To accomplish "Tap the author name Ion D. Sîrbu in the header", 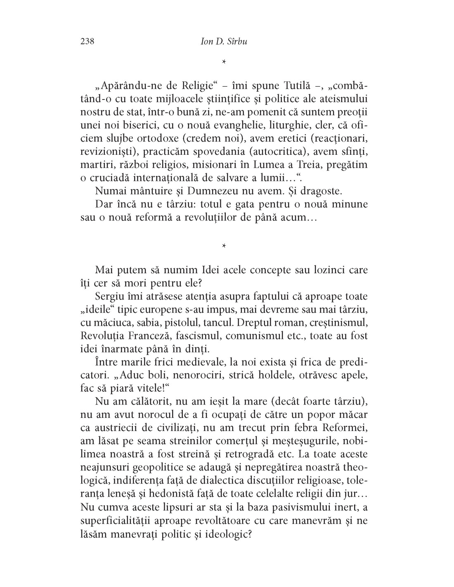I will click(x=223, y=41).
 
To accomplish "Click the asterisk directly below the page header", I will click(x=223, y=62).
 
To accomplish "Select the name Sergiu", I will click(x=109, y=296).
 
